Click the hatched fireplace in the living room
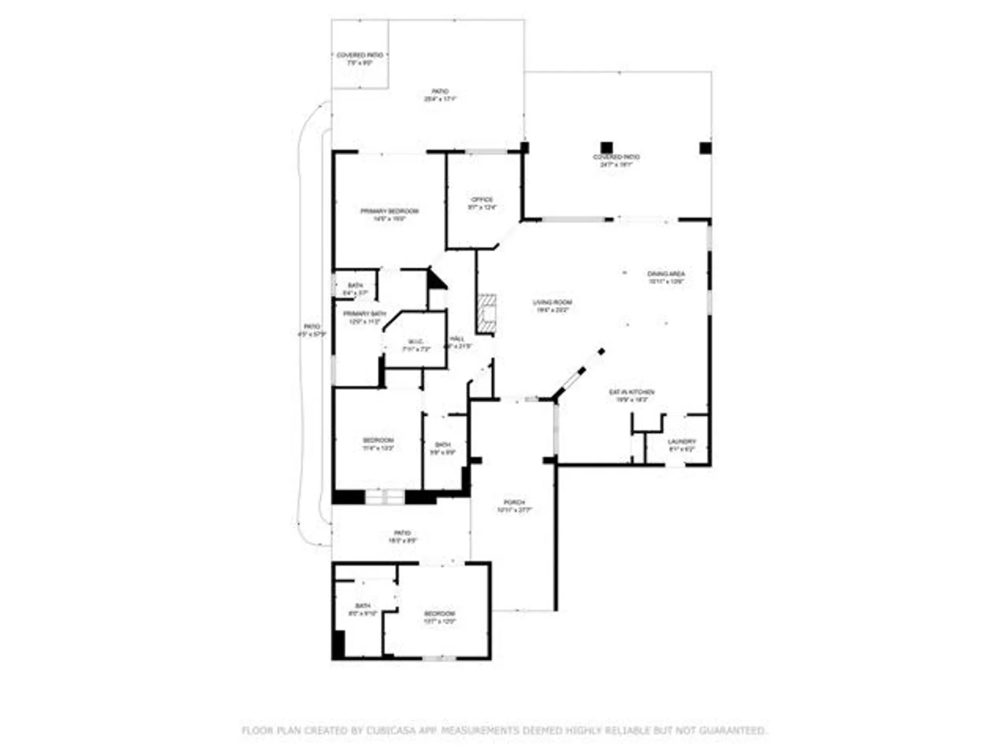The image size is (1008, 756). click(x=487, y=313)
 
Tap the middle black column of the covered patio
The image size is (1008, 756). click(x=607, y=148)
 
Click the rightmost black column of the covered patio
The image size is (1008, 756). click(x=705, y=148)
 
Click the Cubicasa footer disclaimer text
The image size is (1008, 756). click(x=504, y=730)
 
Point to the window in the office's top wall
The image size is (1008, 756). click(x=486, y=152)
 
